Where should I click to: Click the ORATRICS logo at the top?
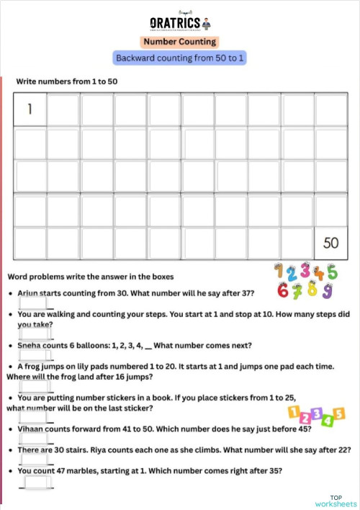(x=180, y=22)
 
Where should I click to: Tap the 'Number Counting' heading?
(x=179, y=42)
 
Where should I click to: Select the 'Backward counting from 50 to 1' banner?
(x=180, y=58)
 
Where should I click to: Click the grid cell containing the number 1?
(x=30, y=110)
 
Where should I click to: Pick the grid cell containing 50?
(x=330, y=243)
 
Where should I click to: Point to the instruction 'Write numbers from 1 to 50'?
(x=67, y=81)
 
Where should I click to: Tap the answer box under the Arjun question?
(x=31, y=304)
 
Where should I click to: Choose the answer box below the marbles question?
(x=36, y=482)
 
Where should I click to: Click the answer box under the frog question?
(x=31, y=386)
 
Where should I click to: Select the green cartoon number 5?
(x=331, y=272)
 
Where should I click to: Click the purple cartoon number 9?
(x=328, y=292)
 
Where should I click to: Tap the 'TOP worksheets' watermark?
(x=336, y=501)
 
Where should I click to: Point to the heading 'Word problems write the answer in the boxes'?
(x=90, y=277)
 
